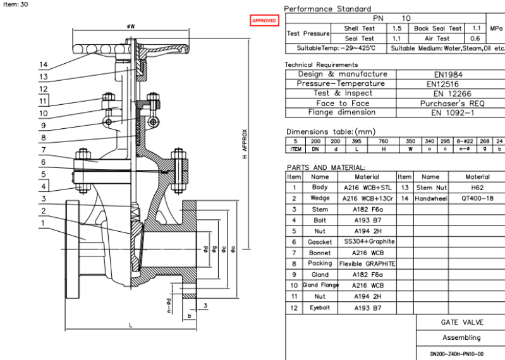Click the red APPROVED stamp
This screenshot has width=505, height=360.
click(264, 21)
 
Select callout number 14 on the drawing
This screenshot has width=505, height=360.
click(43, 64)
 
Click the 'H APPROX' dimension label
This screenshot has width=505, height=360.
click(245, 145)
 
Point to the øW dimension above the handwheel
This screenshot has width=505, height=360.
click(130, 27)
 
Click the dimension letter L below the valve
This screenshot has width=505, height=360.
click(130, 325)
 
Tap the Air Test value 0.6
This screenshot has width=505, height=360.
click(475, 39)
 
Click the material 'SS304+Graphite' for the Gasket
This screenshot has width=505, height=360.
click(370, 241)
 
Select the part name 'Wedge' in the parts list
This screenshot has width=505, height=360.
click(320, 198)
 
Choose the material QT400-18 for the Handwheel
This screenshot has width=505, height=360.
click(477, 198)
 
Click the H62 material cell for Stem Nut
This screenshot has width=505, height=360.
click(477, 188)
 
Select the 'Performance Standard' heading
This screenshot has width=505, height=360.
click(327, 9)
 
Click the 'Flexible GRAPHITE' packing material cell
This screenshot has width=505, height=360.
click(367, 263)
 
